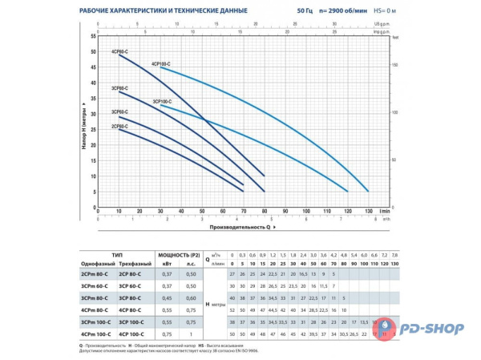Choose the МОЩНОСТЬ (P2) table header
(x=178, y=252)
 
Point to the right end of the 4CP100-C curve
(x=368, y=191)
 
